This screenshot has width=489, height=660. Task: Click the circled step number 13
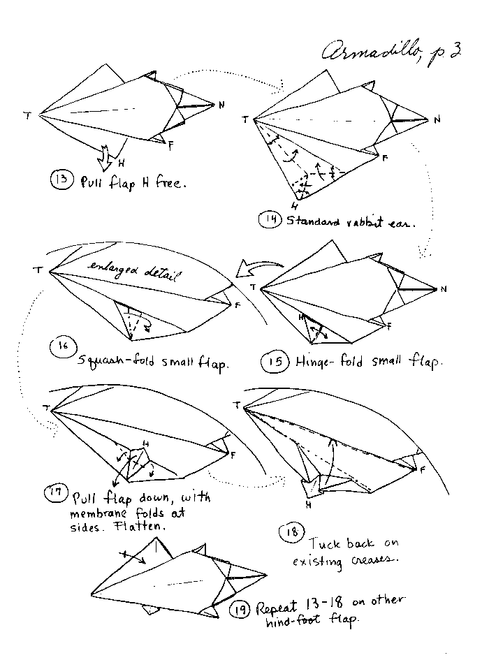[x=59, y=179]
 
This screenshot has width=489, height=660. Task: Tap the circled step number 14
[x=269, y=221]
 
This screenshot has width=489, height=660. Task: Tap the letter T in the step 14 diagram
[x=245, y=120]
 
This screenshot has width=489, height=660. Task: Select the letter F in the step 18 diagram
[x=423, y=469]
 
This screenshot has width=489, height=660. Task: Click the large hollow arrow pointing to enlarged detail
[x=260, y=267]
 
